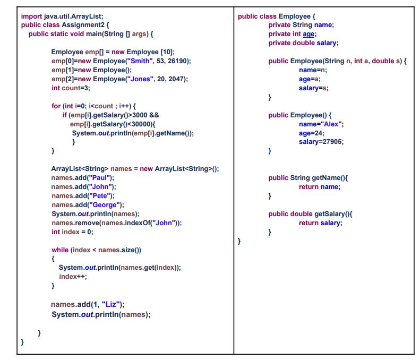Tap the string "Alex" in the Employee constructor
(x=330, y=124)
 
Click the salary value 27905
(x=331, y=142)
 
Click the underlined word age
(x=309, y=34)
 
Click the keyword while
(x=60, y=250)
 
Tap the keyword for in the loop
(x=56, y=106)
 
